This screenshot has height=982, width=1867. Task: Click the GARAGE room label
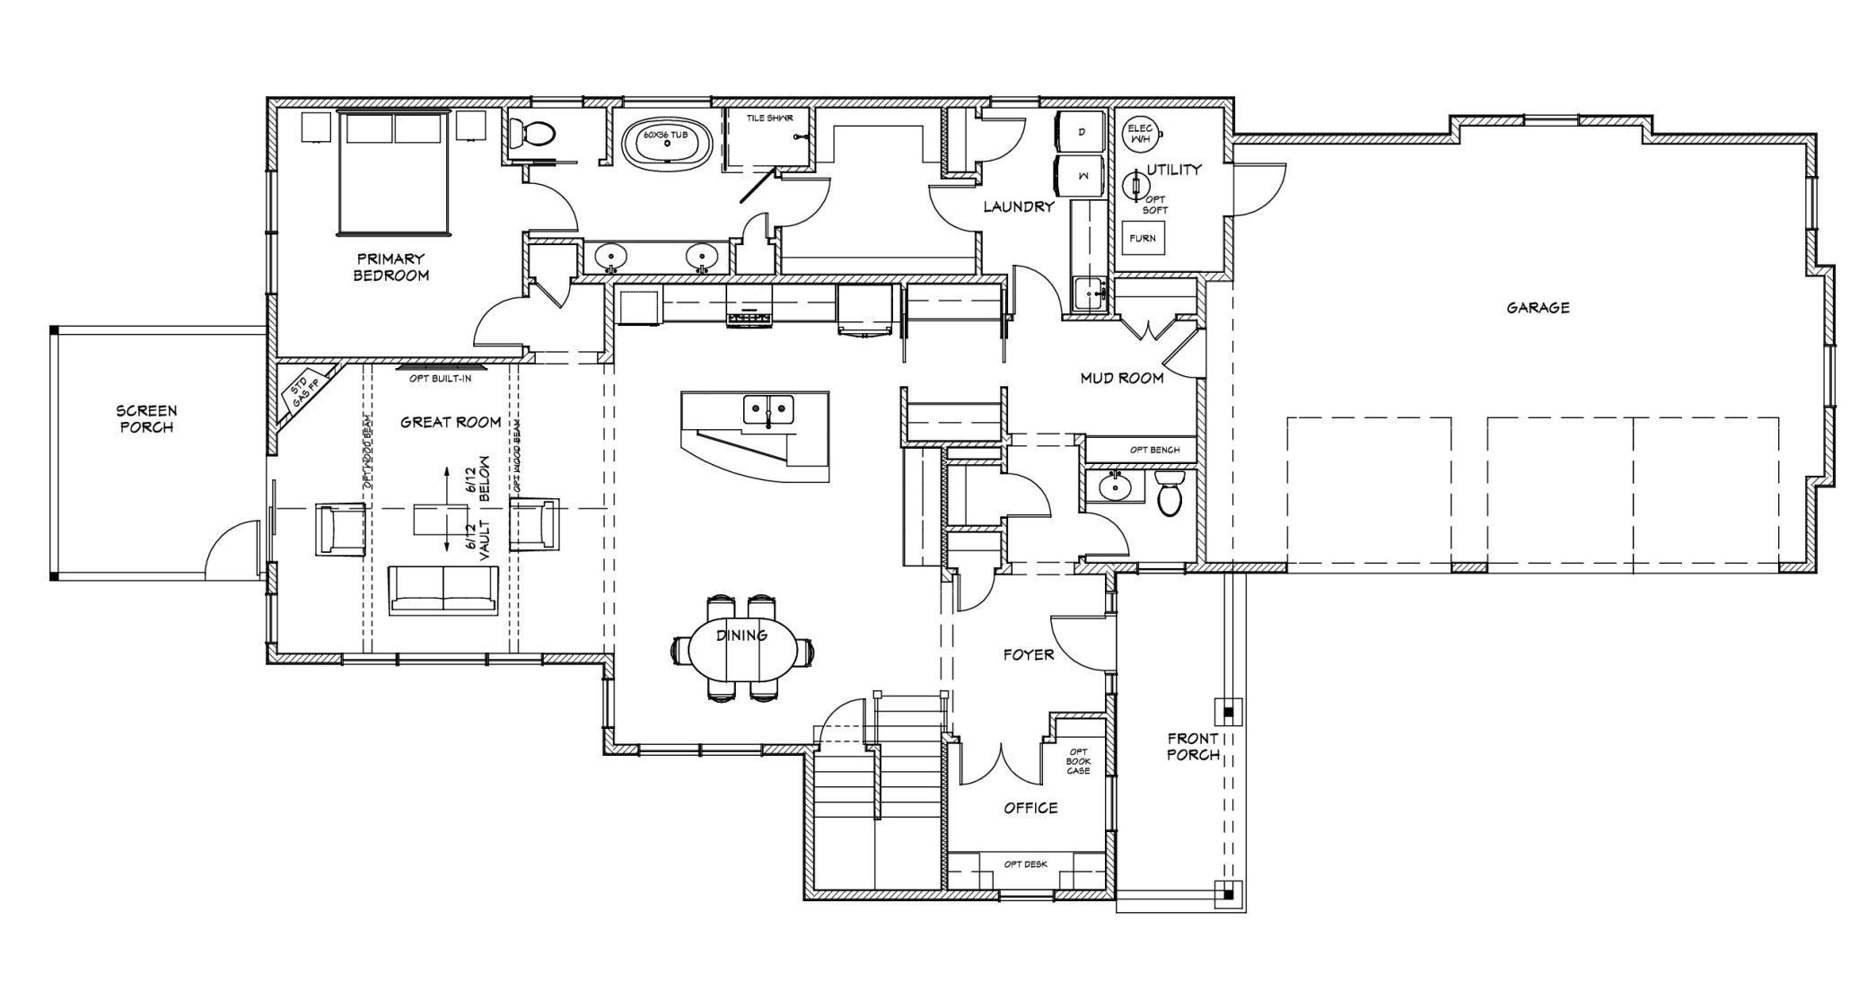pyautogui.click(x=1538, y=308)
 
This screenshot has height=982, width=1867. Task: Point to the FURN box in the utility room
pyautogui.click(x=1143, y=239)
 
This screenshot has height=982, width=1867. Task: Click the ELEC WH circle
pyautogui.click(x=1141, y=134)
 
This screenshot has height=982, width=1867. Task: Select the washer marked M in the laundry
pyautogui.click(x=1083, y=177)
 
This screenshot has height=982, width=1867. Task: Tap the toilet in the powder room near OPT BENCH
pyautogui.click(x=1170, y=495)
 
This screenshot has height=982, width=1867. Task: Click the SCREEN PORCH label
pyautogui.click(x=146, y=419)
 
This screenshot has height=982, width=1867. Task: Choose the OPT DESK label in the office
pyautogui.click(x=1026, y=864)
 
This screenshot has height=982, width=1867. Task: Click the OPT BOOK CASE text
pyautogui.click(x=1078, y=761)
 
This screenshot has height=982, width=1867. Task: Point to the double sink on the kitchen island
pyautogui.click(x=768, y=410)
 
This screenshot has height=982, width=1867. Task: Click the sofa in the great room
pyautogui.click(x=443, y=590)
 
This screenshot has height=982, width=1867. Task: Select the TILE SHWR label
pyautogui.click(x=769, y=118)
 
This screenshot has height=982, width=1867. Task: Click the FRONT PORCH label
pyautogui.click(x=1193, y=747)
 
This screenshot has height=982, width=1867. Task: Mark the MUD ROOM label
pyautogui.click(x=1122, y=378)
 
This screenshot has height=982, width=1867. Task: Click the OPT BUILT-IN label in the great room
pyautogui.click(x=440, y=378)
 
